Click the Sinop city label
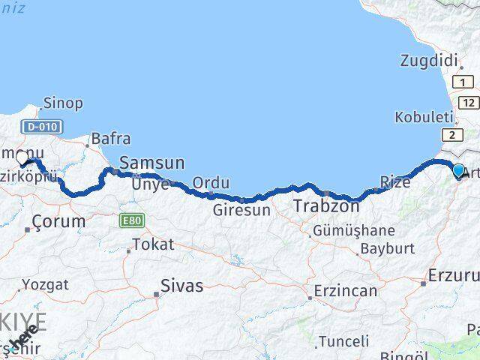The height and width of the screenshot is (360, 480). click(64, 103)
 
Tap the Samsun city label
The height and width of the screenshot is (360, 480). click(151, 162)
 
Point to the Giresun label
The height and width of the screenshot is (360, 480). click(240, 211)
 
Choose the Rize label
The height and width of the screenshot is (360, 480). click(395, 182)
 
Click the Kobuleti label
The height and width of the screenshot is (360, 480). click(424, 118)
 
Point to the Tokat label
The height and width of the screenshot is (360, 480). click(153, 244)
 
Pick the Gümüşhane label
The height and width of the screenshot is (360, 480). click(355, 230)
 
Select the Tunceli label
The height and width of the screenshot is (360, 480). click(343, 341)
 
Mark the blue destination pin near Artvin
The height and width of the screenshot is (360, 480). click(458, 172)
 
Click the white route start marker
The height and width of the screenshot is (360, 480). click(22, 158)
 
